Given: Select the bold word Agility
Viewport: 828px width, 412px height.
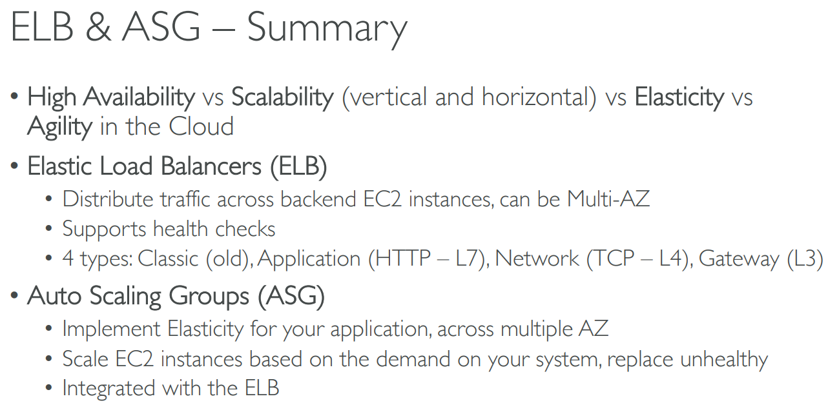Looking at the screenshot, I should (59, 126).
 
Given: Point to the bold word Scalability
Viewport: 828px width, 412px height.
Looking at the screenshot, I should (282, 97).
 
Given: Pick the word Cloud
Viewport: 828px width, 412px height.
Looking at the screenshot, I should (201, 126).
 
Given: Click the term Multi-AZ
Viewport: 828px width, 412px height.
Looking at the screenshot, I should (608, 199).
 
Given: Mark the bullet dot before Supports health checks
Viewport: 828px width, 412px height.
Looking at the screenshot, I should (49, 230).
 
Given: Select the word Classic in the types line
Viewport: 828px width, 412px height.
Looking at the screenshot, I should (169, 259).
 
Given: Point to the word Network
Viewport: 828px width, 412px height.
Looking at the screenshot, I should (537, 259).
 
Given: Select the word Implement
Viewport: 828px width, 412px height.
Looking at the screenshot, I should (112, 329).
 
